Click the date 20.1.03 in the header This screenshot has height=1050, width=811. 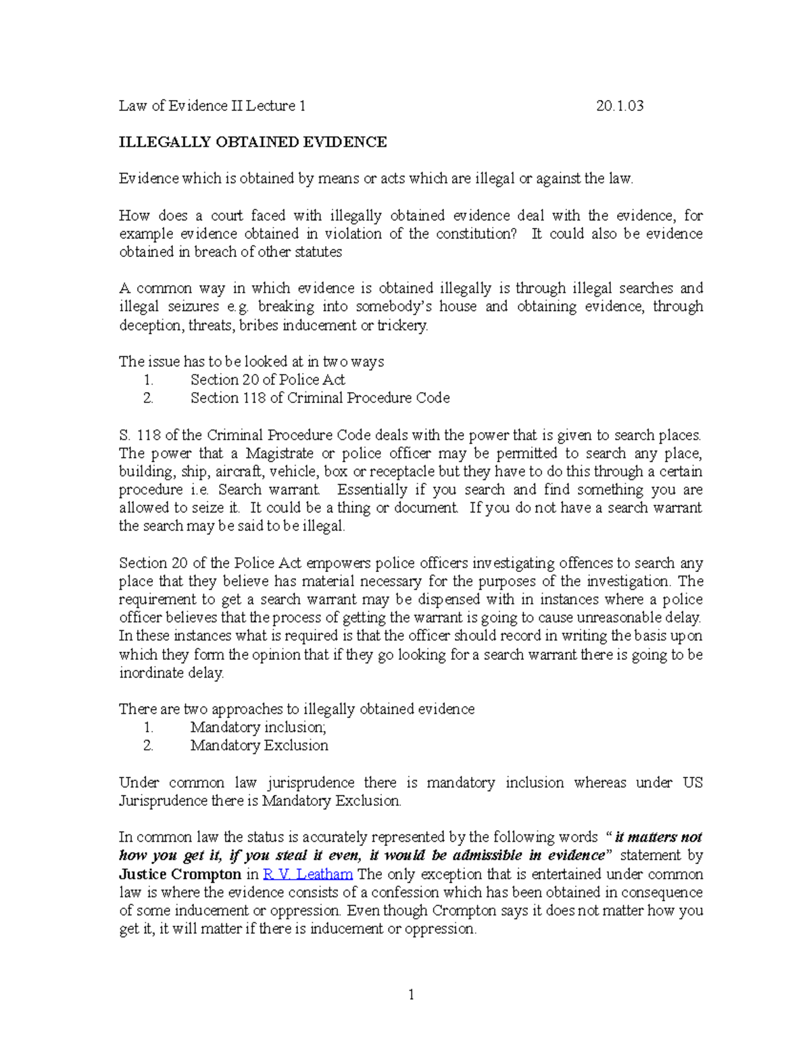(x=620, y=105)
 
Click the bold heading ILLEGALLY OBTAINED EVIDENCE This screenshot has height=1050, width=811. (x=253, y=142)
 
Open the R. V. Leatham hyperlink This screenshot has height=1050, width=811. (x=308, y=874)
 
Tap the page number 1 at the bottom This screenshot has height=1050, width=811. (x=410, y=995)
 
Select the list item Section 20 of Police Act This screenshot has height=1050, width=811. (x=268, y=380)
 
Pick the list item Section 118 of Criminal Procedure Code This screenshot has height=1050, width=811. (x=320, y=398)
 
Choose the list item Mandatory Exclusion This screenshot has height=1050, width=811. (x=259, y=746)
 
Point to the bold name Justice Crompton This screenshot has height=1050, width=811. (x=180, y=874)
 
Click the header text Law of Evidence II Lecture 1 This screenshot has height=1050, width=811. (x=212, y=105)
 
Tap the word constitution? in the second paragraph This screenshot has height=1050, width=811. (x=476, y=234)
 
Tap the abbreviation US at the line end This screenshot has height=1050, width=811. (x=692, y=783)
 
